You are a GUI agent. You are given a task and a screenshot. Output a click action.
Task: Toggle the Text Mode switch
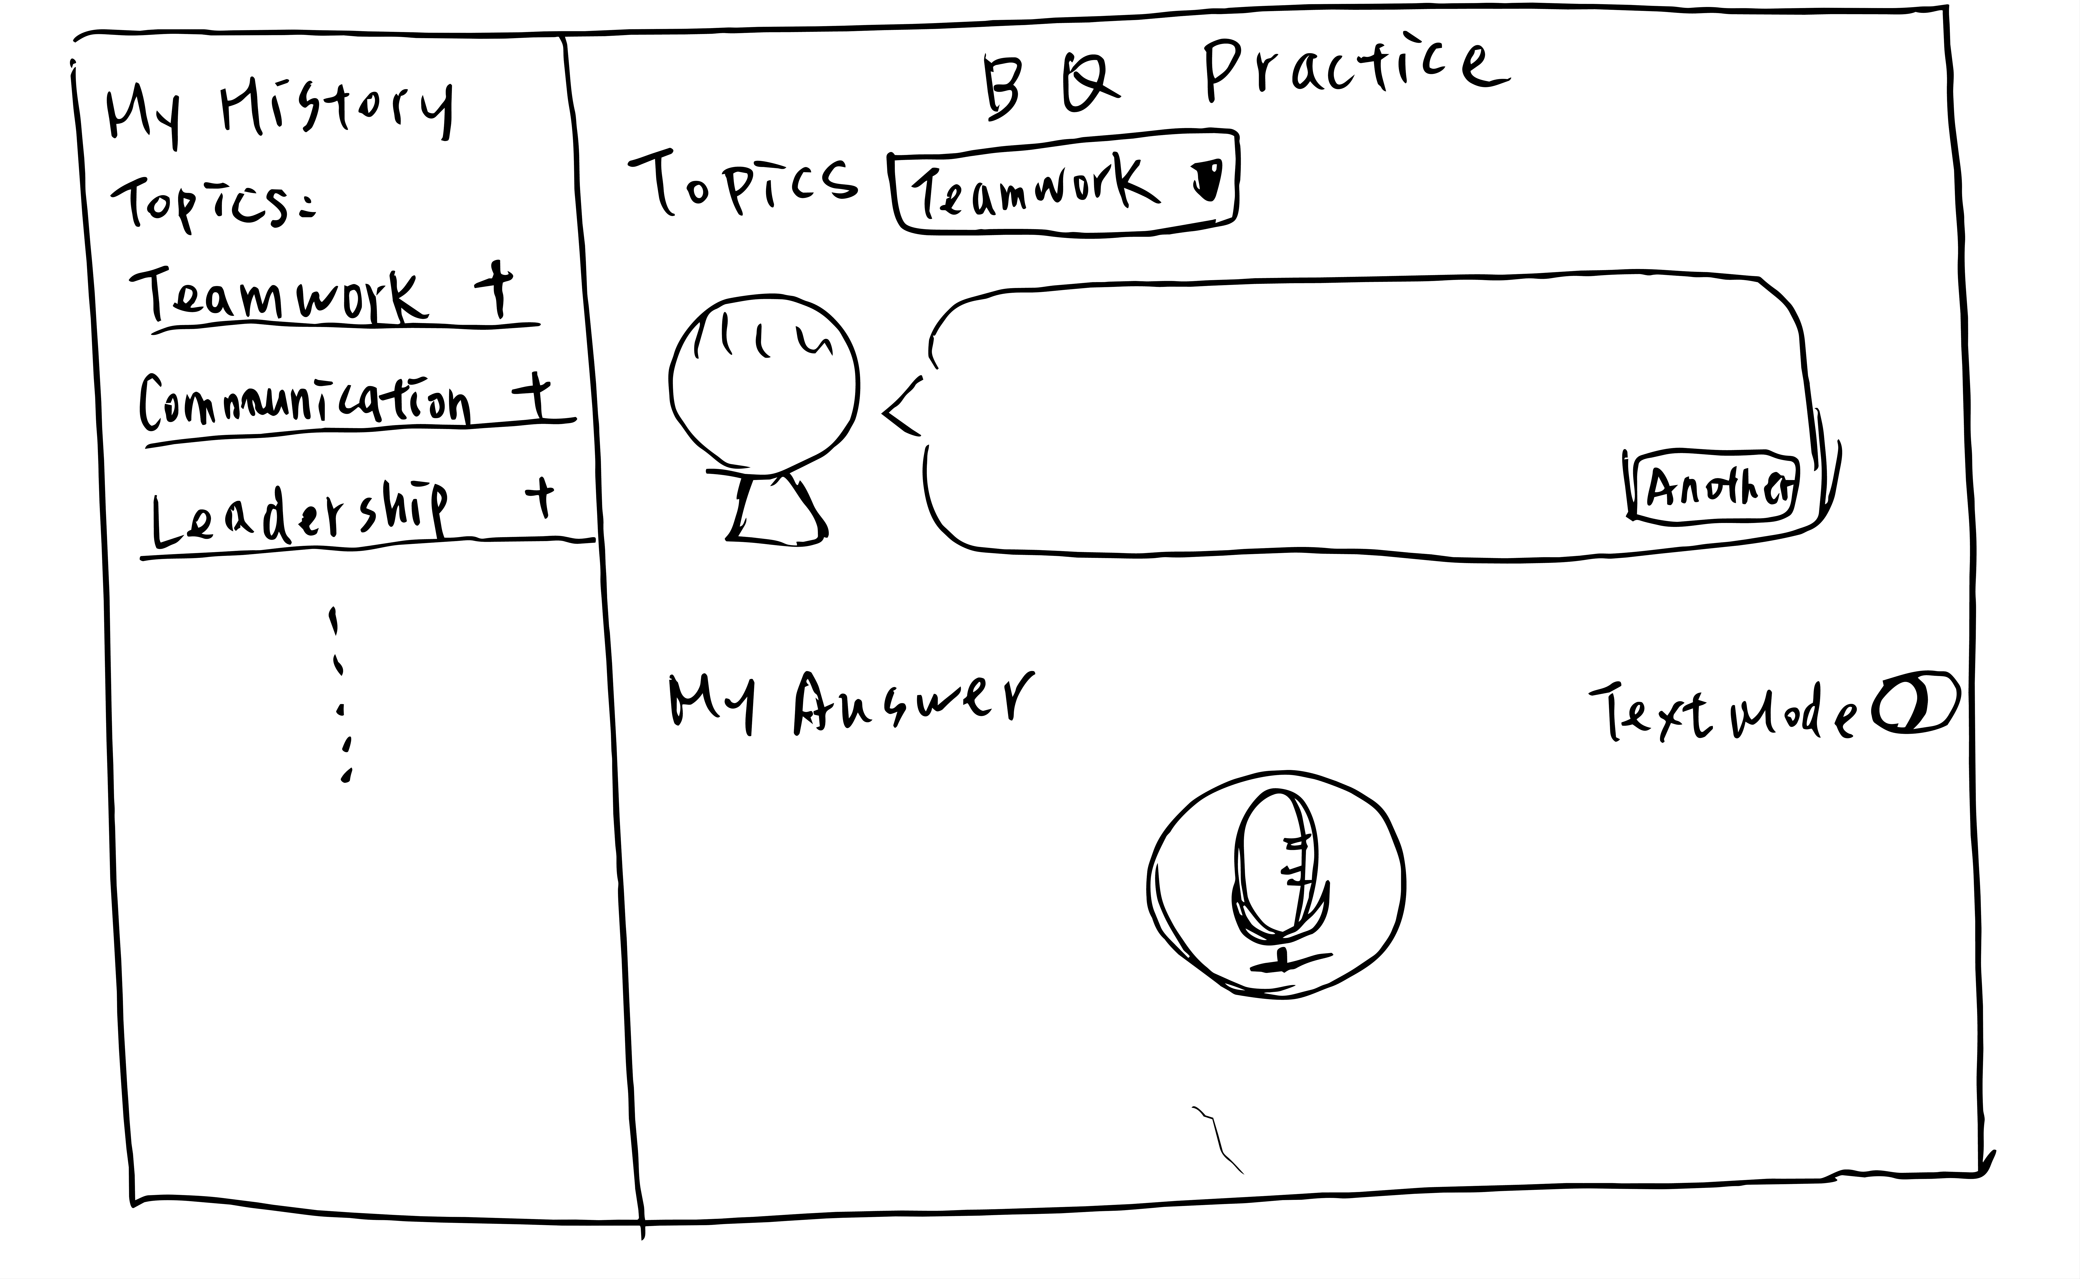coord(1913,704)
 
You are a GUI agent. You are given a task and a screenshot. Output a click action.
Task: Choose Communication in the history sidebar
coord(305,402)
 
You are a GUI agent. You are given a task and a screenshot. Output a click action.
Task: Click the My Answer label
coord(850,702)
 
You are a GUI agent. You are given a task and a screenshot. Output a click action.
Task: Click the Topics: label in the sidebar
coord(211,203)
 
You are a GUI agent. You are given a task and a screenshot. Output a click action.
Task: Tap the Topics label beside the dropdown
coord(743,182)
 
